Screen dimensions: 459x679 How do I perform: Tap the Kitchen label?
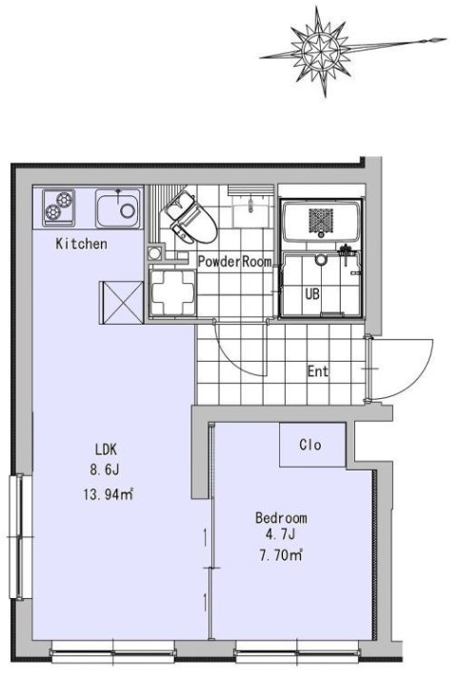(x=81, y=244)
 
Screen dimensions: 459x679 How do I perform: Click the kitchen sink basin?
(x=118, y=209)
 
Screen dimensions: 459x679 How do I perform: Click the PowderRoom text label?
(x=235, y=262)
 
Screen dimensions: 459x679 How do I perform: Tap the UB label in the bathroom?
(x=312, y=294)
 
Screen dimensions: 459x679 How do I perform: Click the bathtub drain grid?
(x=321, y=220)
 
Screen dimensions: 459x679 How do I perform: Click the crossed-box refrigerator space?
(x=121, y=302)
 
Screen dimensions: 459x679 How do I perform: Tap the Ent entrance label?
(x=317, y=371)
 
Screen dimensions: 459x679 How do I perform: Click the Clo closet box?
(x=312, y=445)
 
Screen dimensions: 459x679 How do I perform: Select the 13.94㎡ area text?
(x=108, y=494)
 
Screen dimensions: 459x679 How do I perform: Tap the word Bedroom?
(x=281, y=517)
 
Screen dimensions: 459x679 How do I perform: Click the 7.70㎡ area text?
(x=281, y=554)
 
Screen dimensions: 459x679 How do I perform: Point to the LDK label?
(x=106, y=449)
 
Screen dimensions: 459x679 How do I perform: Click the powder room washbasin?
(x=253, y=206)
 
